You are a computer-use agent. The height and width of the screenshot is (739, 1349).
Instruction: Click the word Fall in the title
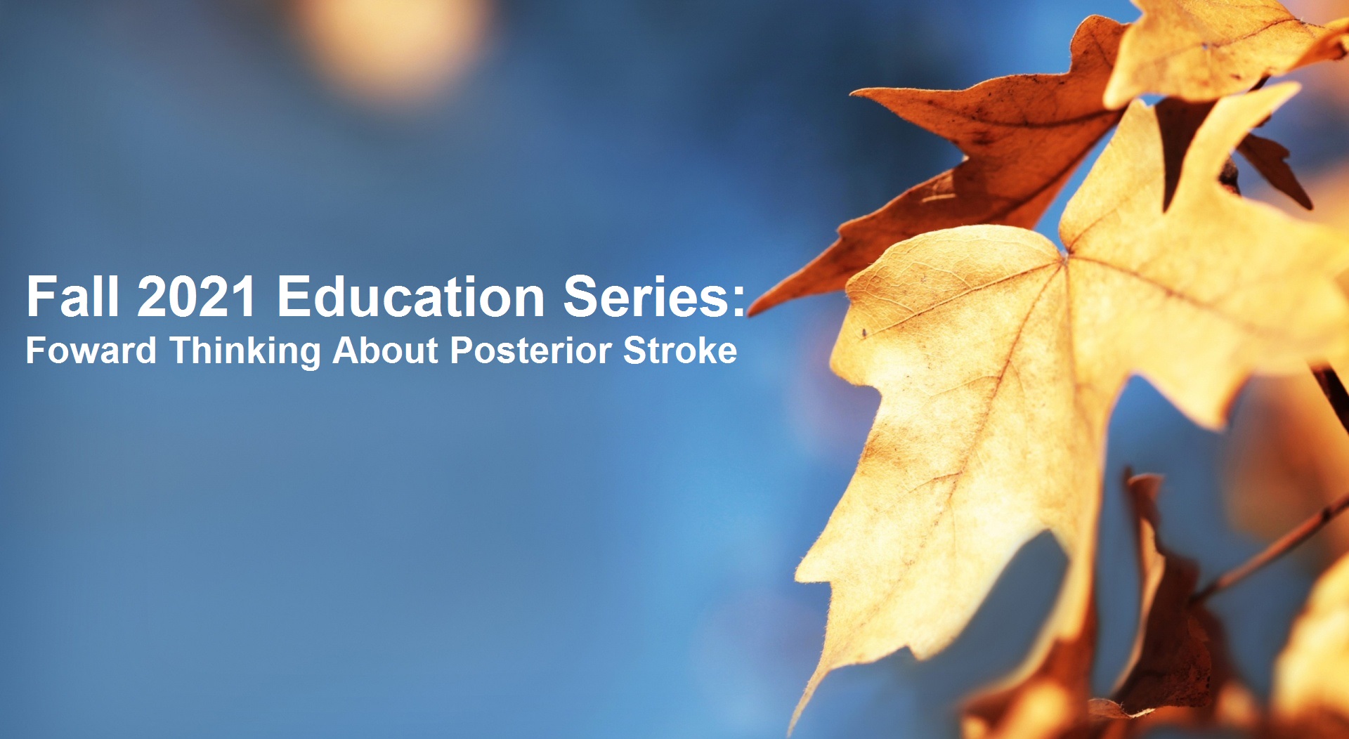point(72,296)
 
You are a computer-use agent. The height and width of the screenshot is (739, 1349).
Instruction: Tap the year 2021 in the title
point(197,296)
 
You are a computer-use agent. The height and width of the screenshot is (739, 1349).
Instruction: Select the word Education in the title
point(411,296)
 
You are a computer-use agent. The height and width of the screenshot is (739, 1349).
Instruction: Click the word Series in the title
point(646,296)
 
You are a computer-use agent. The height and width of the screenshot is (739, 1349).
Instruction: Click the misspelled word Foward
point(91,350)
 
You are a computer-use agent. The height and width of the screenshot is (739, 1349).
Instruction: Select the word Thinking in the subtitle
point(245,350)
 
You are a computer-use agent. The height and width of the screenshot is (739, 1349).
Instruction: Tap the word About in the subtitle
point(386,350)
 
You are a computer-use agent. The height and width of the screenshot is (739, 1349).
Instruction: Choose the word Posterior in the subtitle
point(530,350)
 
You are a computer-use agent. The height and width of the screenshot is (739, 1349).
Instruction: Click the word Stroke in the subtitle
point(680,350)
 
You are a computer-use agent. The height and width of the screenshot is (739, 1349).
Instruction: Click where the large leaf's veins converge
point(1065,258)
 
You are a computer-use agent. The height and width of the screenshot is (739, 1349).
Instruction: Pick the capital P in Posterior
point(461,350)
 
